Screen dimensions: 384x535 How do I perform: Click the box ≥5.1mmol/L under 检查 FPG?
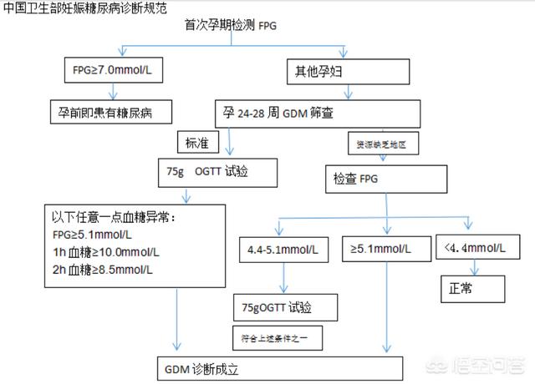pos(385,250)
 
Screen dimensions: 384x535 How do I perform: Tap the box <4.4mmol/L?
pos(475,250)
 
